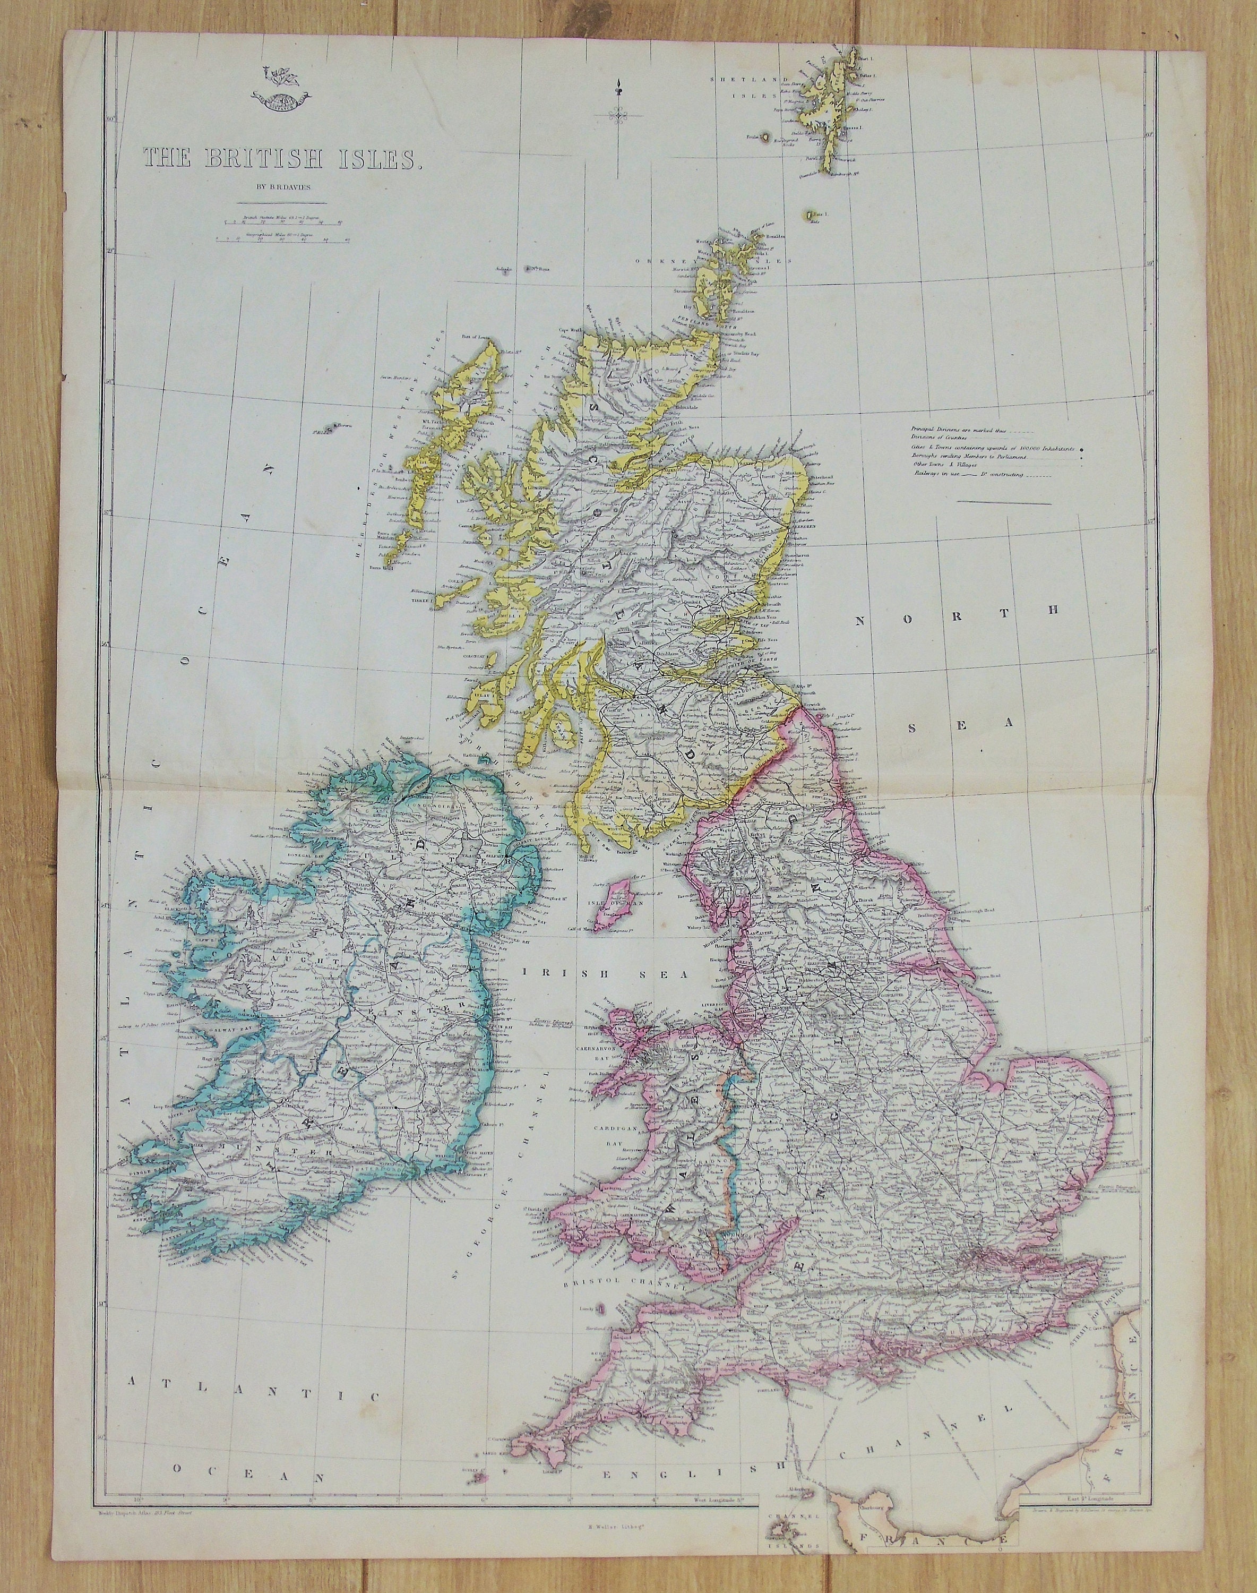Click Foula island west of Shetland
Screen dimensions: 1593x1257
coord(766,137)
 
